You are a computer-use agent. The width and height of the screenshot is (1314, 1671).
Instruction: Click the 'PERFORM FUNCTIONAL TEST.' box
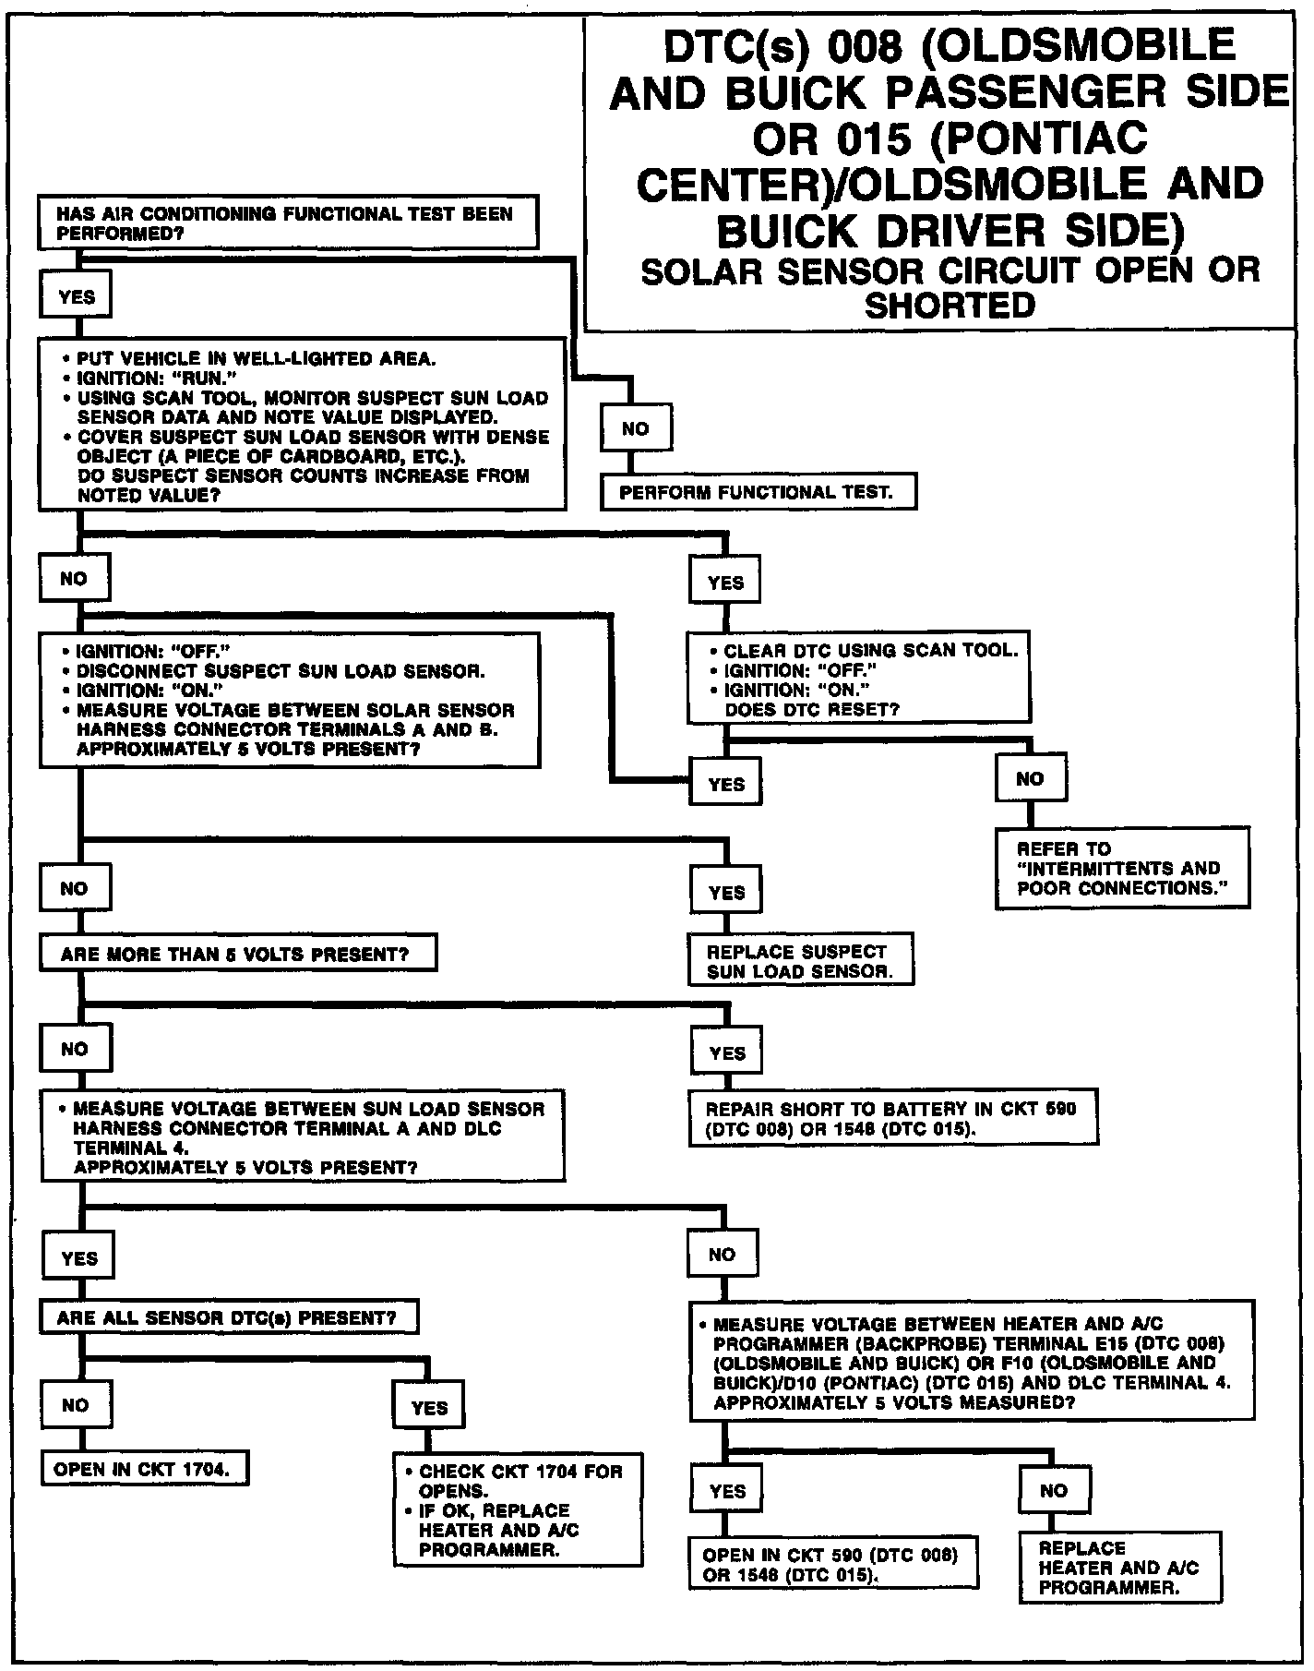tap(759, 492)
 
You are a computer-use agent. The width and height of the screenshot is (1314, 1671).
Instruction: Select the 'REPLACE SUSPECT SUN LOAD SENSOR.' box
tap(801, 960)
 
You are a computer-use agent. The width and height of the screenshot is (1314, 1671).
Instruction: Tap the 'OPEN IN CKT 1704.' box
tap(145, 1469)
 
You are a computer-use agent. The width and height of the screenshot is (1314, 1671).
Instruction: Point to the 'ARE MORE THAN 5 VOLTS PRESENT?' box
tap(237, 954)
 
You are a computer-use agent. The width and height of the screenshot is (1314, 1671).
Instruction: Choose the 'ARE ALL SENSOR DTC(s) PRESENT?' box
tap(229, 1317)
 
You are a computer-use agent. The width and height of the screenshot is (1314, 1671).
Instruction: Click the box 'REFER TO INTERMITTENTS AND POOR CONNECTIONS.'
tap(1122, 868)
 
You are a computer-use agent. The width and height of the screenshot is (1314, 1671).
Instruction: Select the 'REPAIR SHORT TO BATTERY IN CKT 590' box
tap(893, 1118)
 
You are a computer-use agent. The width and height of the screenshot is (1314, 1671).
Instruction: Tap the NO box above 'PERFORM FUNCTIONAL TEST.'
tap(635, 428)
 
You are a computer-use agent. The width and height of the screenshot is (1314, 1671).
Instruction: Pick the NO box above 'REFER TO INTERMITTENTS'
tap(1030, 778)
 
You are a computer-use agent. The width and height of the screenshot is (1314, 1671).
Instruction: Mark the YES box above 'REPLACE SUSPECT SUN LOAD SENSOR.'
tap(726, 892)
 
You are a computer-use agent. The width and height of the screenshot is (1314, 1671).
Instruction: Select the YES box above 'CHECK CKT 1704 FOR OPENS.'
tap(429, 1407)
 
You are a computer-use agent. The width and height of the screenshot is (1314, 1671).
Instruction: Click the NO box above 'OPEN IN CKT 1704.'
tap(76, 1405)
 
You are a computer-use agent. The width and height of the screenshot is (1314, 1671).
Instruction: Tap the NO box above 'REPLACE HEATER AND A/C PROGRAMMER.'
tap(1054, 1490)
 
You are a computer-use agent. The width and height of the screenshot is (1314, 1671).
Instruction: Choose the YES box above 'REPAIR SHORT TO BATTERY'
tap(727, 1052)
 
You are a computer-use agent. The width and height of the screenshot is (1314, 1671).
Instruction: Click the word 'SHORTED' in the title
tap(950, 305)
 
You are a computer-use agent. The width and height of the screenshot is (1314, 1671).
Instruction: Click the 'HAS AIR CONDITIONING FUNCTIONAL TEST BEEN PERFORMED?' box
tap(287, 222)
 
